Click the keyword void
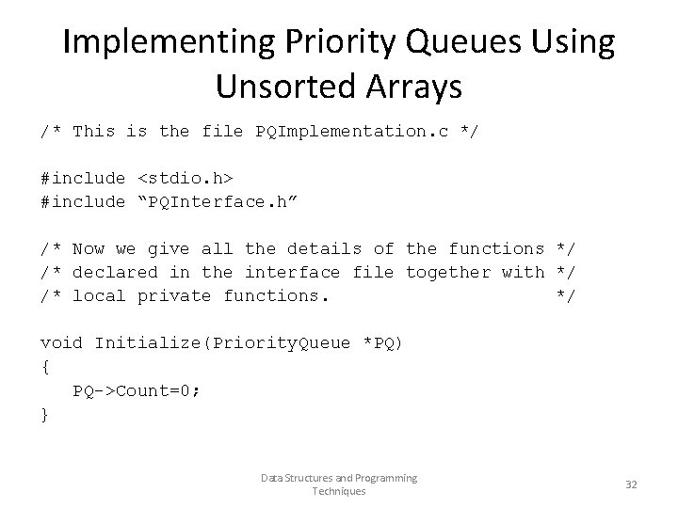coord(61,342)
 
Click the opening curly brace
coord(44,366)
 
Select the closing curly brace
coord(44,413)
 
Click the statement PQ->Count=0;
coord(137,389)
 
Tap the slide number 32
coord(631,484)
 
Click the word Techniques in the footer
coord(338,491)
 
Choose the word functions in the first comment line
coord(496,248)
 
